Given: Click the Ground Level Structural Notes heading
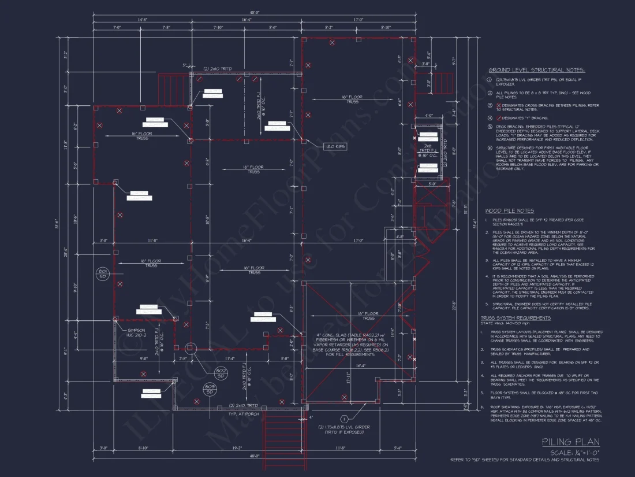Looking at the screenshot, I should [536, 69].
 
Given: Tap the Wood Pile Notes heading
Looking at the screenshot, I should [509, 211].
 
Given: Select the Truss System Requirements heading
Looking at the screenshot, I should [516, 318].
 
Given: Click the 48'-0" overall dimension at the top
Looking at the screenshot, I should [253, 12].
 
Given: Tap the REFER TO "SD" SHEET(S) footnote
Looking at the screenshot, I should [525, 460].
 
